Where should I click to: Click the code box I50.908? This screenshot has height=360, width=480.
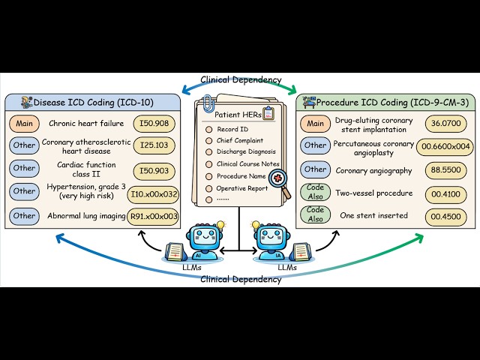(x=154, y=124)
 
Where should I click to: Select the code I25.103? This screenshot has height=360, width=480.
(x=154, y=145)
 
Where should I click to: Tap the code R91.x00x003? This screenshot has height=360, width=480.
(x=153, y=217)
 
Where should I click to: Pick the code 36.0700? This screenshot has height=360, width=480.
(x=445, y=123)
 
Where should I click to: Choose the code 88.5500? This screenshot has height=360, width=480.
(x=445, y=170)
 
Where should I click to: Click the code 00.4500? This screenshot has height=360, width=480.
(x=445, y=217)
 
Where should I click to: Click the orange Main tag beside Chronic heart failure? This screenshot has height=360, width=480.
(x=24, y=124)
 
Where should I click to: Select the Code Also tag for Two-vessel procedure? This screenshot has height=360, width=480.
(x=315, y=192)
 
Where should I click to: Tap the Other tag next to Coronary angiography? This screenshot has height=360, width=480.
(x=315, y=169)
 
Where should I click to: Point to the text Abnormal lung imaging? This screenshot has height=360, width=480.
(x=86, y=216)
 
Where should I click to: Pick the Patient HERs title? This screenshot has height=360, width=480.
(x=238, y=115)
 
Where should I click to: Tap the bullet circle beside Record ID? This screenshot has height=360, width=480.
(x=208, y=130)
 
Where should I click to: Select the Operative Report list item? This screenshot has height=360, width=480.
(x=242, y=188)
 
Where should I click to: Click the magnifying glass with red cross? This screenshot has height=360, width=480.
(x=280, y=183)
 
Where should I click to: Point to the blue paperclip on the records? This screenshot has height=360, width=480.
(x=208, y=103)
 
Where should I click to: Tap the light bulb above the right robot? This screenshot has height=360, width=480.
(x=256, y=226)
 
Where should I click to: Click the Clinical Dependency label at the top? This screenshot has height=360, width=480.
(x=241, y=80)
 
